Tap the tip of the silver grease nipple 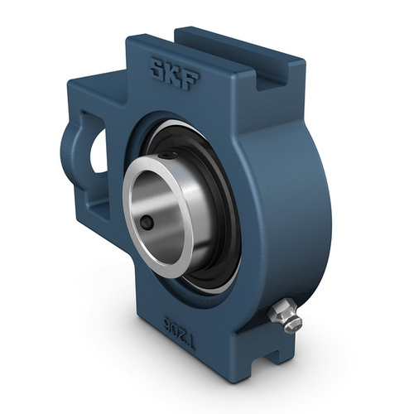click(x=295, y=325)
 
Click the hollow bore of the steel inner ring click(x=161, y=207)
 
